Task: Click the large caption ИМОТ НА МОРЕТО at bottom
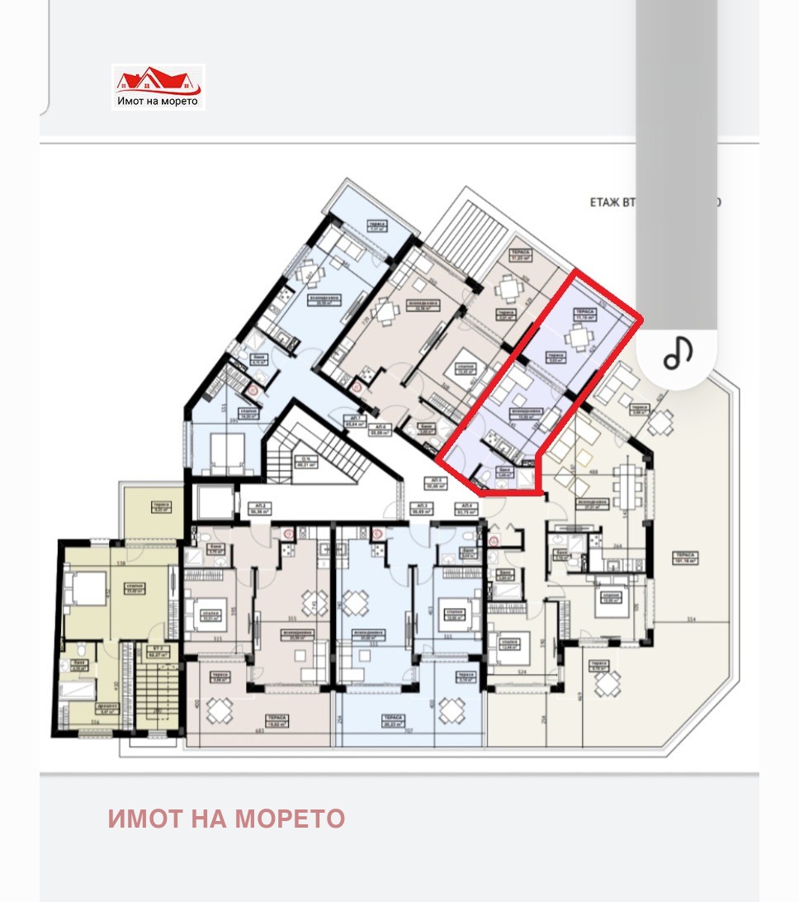tap(226, 819)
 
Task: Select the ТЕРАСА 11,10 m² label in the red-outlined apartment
tap(584, 315)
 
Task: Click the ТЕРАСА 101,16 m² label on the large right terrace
tap(686, 558)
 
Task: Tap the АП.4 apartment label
tap(468, 509)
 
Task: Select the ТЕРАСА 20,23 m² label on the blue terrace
tap(393, 721)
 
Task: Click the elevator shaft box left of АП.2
tap(212, 501)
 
